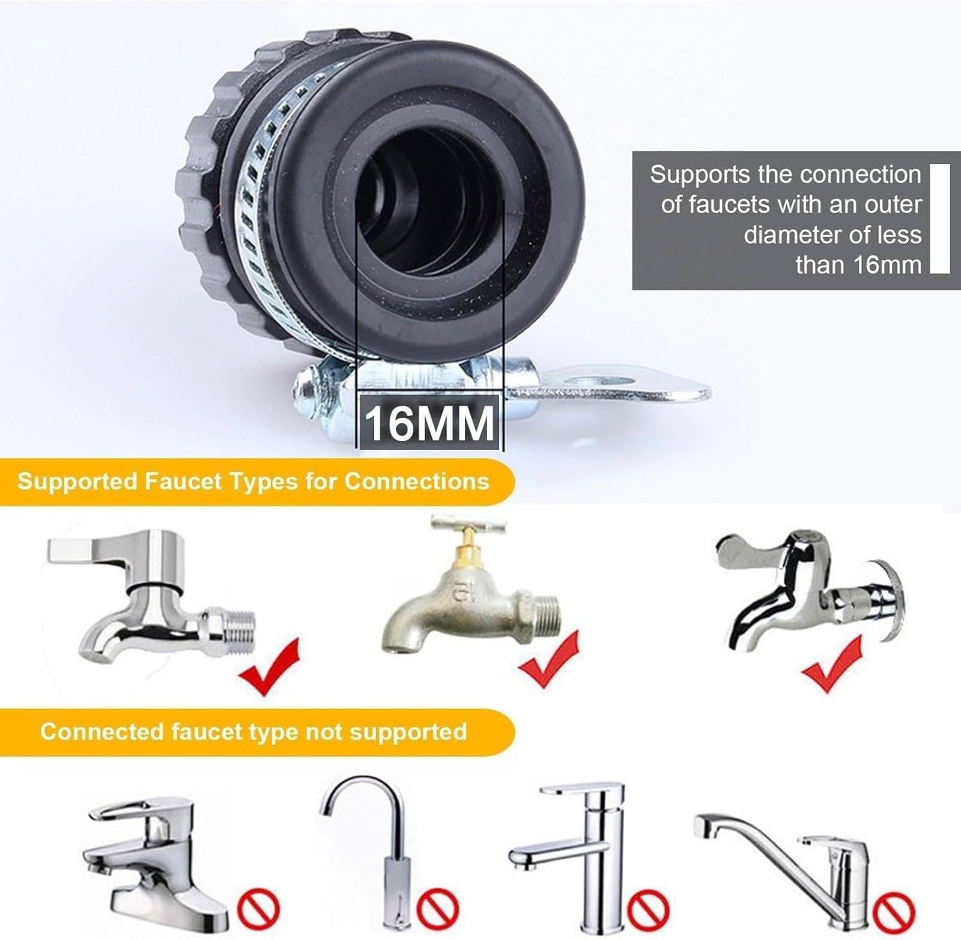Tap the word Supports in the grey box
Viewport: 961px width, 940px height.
(x=692, y=174)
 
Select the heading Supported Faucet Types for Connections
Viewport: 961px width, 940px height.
(x=253, y=482)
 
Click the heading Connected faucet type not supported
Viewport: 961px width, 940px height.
(x=253, y=732)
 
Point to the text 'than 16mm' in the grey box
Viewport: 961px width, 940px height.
(x=858, y=265)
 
